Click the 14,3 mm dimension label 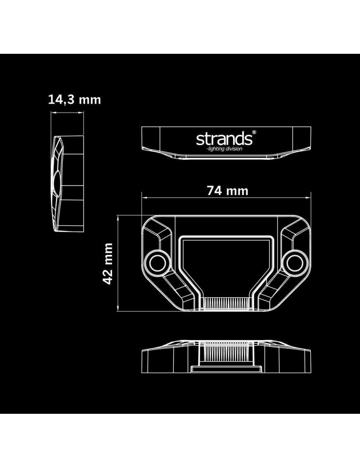[x=74, y=100]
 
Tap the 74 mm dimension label [x=227, y=191]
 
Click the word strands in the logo [x=223, y=138]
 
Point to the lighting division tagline [x=225, y=149]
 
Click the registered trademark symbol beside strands [x=254, y=132]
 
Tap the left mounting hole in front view [x=158, y=262]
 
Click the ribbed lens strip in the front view [x=226, y=304]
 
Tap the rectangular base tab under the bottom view [x=226, y=369]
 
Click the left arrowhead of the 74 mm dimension [x=143, y=198]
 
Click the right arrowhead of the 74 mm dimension [x=310, y=198]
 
